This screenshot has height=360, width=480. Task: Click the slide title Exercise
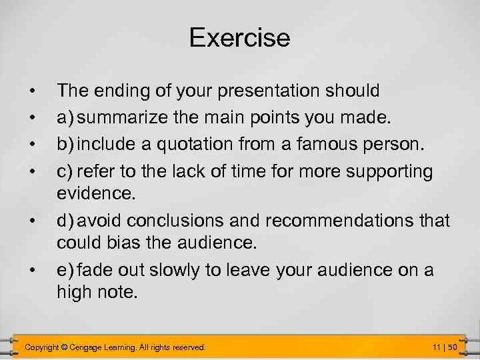tap(239, 37)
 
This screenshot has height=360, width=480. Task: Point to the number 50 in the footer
tap(452, 347)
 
